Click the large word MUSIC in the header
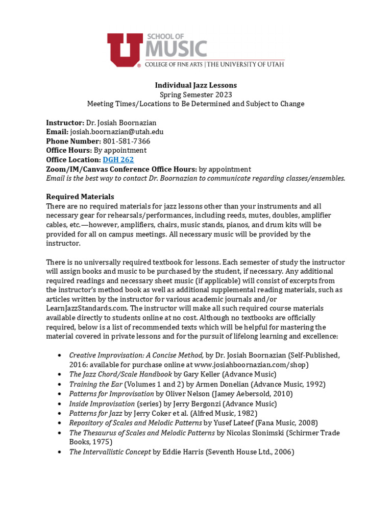[177, 50]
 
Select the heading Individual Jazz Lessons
[195, 85]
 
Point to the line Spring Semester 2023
[195, 94]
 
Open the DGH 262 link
[118, 160]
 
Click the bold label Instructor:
[65, 123]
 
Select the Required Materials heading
[80, 197]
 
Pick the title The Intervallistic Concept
[110, 452]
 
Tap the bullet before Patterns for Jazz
[60, 413]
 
